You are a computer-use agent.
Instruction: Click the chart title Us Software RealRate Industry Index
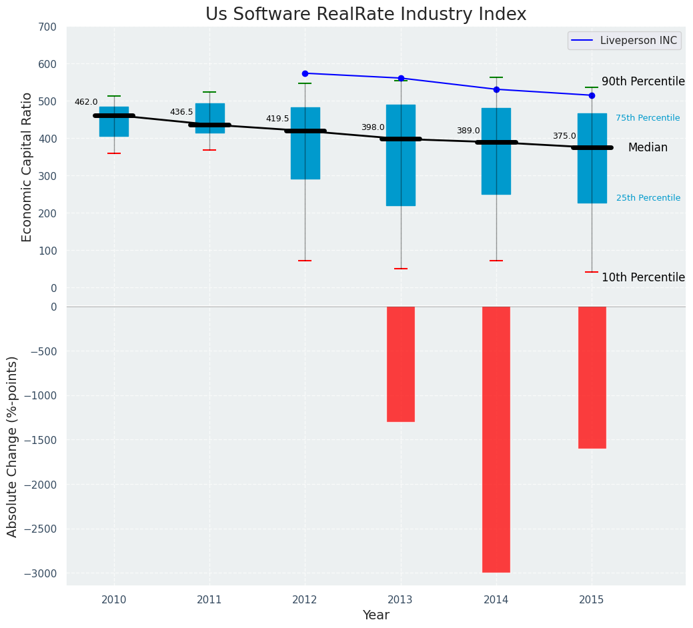(x=366, y=15)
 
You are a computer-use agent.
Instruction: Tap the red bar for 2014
(x=496, y=439)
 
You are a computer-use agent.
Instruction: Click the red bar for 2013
(x=401, y=364)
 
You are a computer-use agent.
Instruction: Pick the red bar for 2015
(x=592, y=377)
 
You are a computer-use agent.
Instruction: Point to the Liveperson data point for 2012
(x=305, y=73)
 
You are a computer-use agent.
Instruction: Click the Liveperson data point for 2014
(x=496, y=89)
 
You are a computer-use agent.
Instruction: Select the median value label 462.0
(x=86, y=102)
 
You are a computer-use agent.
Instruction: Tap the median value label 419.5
(x=277, y=119)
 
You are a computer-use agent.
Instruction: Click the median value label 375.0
(x=564, y=136)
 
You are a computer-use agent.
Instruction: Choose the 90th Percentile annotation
(x=643, y=81)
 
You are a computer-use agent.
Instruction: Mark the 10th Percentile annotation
(x=643, y=277)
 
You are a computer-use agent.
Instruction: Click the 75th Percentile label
(x=648, y=118)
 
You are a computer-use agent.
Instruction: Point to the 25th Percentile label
(x=648, y=198)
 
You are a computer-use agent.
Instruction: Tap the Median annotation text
(x=648, y=148)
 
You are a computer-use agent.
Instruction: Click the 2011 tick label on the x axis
(x=209, y=600)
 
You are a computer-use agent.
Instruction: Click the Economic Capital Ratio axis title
(x=27, y=167)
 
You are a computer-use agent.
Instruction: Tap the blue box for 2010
(x=114, y=122)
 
